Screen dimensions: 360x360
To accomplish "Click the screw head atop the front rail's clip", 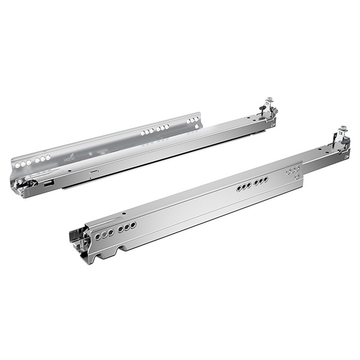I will (x=343, y=128).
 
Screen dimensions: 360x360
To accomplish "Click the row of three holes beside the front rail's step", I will (x=293, y=170).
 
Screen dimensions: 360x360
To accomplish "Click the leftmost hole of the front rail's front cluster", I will (x=95, y=236).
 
